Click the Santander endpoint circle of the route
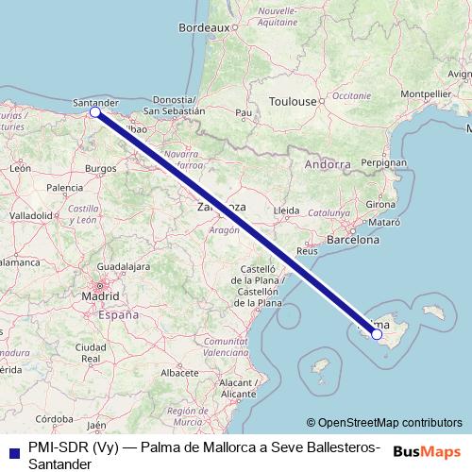pyautogui.click(x=94, y=112)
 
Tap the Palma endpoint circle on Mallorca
pyautogui.click(x=377, y=333)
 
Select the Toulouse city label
pyautogui.click(x=292, y=101)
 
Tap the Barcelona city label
pyautogui.click(x=352, y=240)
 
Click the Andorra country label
pyautogui.click(x=328, y=164)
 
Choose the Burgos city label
pyautogui.click(x=100, y=168)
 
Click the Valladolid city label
pyautogui.click(x=31, y=215)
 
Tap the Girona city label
pyautogui.click(x=380, y=204)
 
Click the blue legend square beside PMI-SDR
pyautogui.click(x=12, y=449)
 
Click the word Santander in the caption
pyautogui.click(x=59, y=464)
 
